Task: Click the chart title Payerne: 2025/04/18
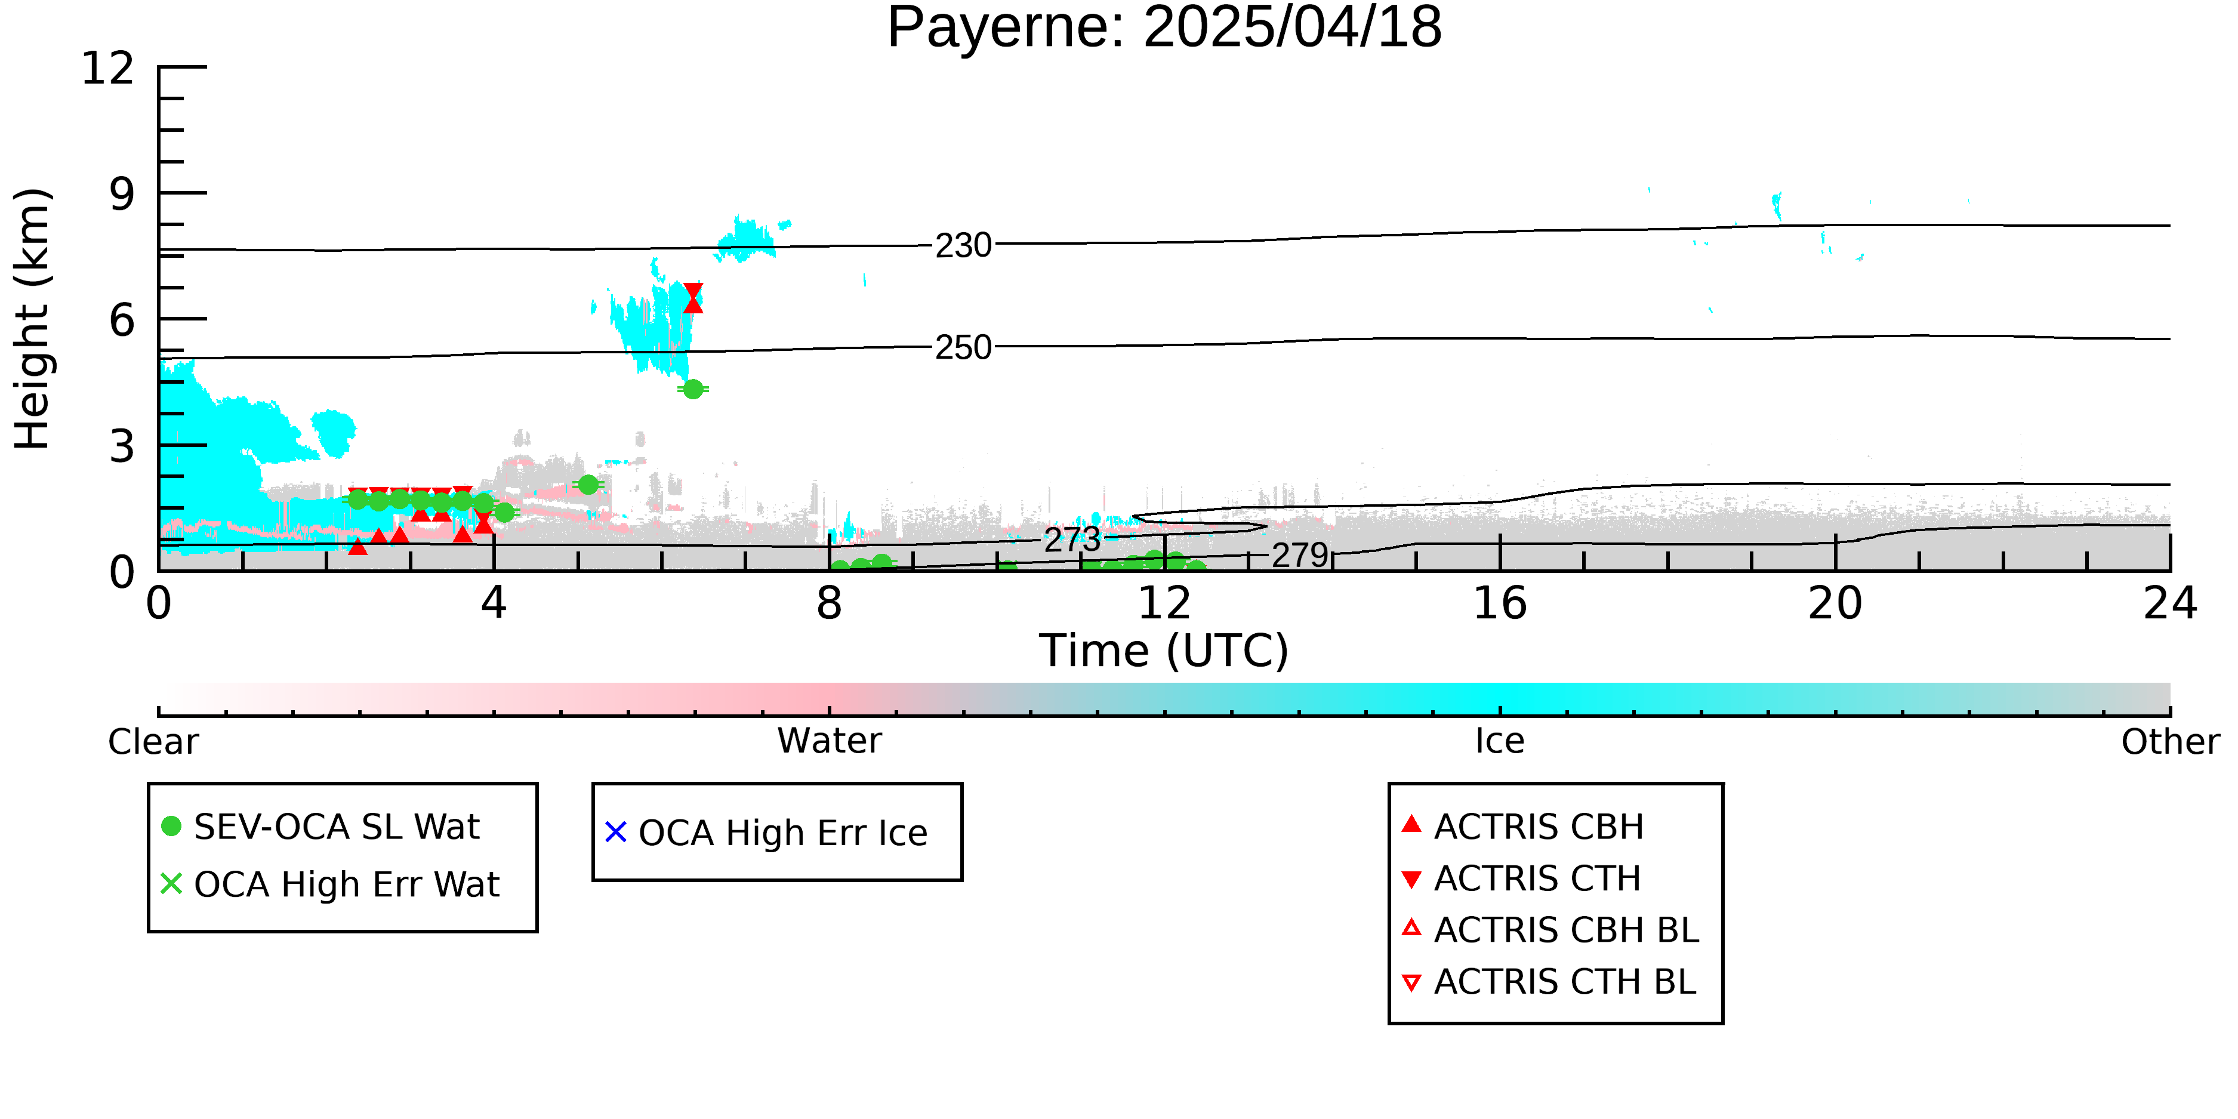coord(1164,28)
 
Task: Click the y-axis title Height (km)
coord(32,319)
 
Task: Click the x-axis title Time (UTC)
coord(1164,651)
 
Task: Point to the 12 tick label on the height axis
coord(108,68)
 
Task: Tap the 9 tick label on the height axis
coord(122,194)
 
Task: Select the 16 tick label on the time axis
coord(1500,604)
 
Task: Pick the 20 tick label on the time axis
coord(1835,604)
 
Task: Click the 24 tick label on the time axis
coord(2170,604)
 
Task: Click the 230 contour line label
coord(963,246)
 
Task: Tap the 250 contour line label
coord(963,347)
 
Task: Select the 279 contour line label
coord(1300,555)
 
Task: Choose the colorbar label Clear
coord(153,742)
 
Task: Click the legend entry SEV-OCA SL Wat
coord(322,826)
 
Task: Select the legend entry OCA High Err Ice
coord(766,833)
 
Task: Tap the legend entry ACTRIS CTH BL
coord(1549,982)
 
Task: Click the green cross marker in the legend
coord(171,883)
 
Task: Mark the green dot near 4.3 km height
coord(692,389)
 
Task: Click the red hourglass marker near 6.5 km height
coord(692,297)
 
